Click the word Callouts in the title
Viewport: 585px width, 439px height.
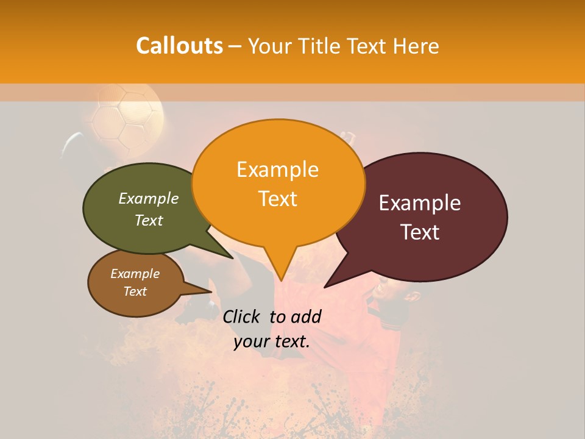pos(179,46)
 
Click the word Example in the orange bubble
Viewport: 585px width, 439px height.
pos(277,169)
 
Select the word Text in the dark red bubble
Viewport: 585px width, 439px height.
pos(420,232)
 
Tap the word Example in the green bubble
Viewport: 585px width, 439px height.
pos(149,198)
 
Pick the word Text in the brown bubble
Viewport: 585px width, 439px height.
pos(135,291)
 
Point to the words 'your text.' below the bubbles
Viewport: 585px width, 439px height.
pos(272,341)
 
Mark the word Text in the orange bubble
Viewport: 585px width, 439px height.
pos(278,199)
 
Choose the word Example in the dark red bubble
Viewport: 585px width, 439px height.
pos(420,203)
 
